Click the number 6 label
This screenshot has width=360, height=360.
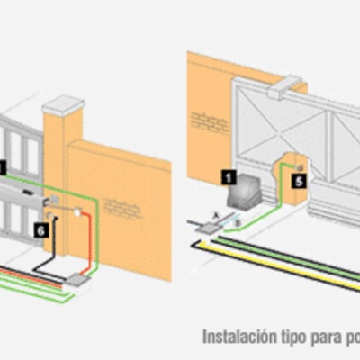click(40, 230)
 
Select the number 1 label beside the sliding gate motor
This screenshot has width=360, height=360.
click(229, 177)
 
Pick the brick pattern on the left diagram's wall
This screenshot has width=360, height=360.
click(122, 207)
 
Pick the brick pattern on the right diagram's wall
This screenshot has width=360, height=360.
click(210, 120)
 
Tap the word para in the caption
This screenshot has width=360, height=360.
click(326, 338)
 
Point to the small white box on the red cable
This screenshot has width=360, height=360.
click(78, 214)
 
